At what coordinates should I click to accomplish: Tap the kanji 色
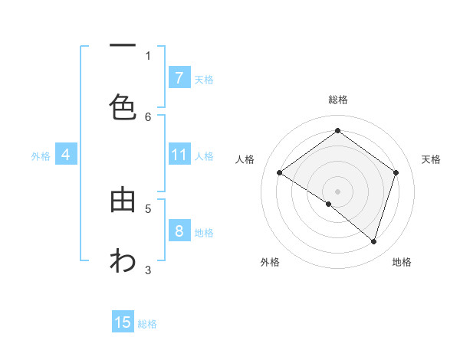click(x=123, y=107)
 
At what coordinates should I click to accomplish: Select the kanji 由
click(x=123, y=200)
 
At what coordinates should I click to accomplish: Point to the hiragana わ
click(x=123, y=260)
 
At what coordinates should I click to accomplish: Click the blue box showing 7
click(x=179, y=77)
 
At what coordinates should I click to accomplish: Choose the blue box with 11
click(x=179, y=155)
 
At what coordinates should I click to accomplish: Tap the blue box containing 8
click(x=179, y=231)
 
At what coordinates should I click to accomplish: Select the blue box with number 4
click(x=66, y=155)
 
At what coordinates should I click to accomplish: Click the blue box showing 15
click(x=123, y=322)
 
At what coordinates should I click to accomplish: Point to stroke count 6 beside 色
click(x=148, y=116)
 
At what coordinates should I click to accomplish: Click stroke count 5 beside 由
click(x=148, y=208)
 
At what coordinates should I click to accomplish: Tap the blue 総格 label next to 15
click(x=147, y=324)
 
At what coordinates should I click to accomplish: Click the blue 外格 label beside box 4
click(x=41, y=156)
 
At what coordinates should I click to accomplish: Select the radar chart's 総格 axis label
click(x=337, y=100)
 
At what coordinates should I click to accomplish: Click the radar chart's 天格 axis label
click(x=431, y=159)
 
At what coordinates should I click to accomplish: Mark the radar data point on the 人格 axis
click(x=280, y=172)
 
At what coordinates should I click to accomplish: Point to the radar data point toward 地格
click(x=373, y=241)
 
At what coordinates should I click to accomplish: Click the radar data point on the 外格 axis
click(x=329, y=204)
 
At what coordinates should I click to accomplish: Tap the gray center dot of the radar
click(x=337, y=191)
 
